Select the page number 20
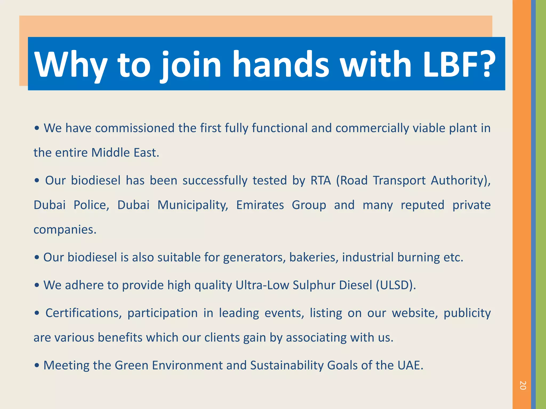tap(523, 385)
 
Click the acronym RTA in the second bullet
tap(320, 180)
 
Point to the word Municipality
tap(193, 205)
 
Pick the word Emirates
tap(260, 205)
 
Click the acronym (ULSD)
tap(396, 285)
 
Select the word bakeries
tap(314, 257)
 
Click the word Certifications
tap(83, 313)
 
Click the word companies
tap(65, 230)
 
